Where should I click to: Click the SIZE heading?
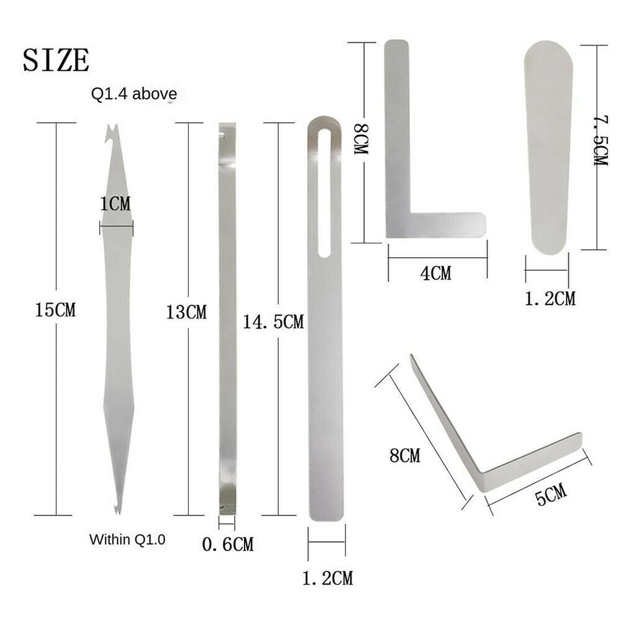[56, 60]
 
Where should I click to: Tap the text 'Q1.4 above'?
[134, 94]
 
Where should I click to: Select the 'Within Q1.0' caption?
[127, 540]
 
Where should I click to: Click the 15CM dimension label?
[55, 310]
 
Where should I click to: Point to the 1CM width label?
[116, 204]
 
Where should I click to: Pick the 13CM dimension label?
[186, 312]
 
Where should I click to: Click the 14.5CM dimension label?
[273, 322]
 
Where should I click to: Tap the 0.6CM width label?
[227, 544]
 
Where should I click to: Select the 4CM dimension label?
[435, 273]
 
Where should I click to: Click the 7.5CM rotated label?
[601, 140]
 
